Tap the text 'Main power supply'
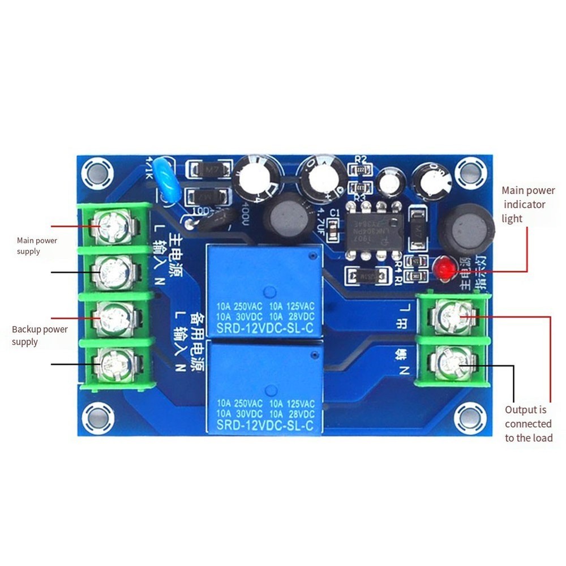[37, 246]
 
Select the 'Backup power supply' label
[40, 336]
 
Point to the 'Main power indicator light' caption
[528, 204]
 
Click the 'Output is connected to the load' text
[528, 424]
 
